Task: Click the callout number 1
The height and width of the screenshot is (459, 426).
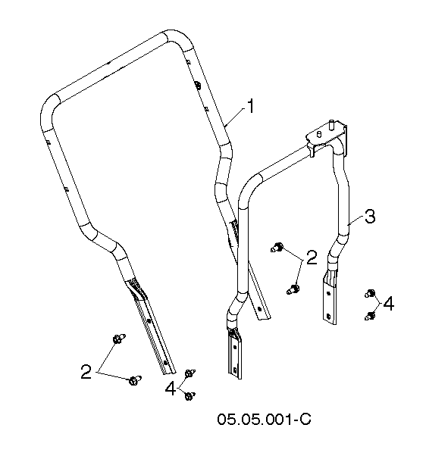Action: (250, 107)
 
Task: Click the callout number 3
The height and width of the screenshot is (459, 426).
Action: (370, 217)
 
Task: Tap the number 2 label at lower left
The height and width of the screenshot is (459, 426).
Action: (86, 372)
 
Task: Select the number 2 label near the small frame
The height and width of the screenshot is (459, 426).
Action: (312, 258)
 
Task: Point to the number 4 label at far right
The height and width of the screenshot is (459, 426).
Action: (388, 304)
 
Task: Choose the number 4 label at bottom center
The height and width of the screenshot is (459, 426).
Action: (171, 389)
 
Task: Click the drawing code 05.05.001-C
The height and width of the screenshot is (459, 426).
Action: (264, 419)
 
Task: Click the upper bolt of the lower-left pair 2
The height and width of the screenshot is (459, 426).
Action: (119, 339)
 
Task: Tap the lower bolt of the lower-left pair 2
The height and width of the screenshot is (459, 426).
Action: (135, 380)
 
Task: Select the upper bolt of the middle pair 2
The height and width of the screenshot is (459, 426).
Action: (277, 248)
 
